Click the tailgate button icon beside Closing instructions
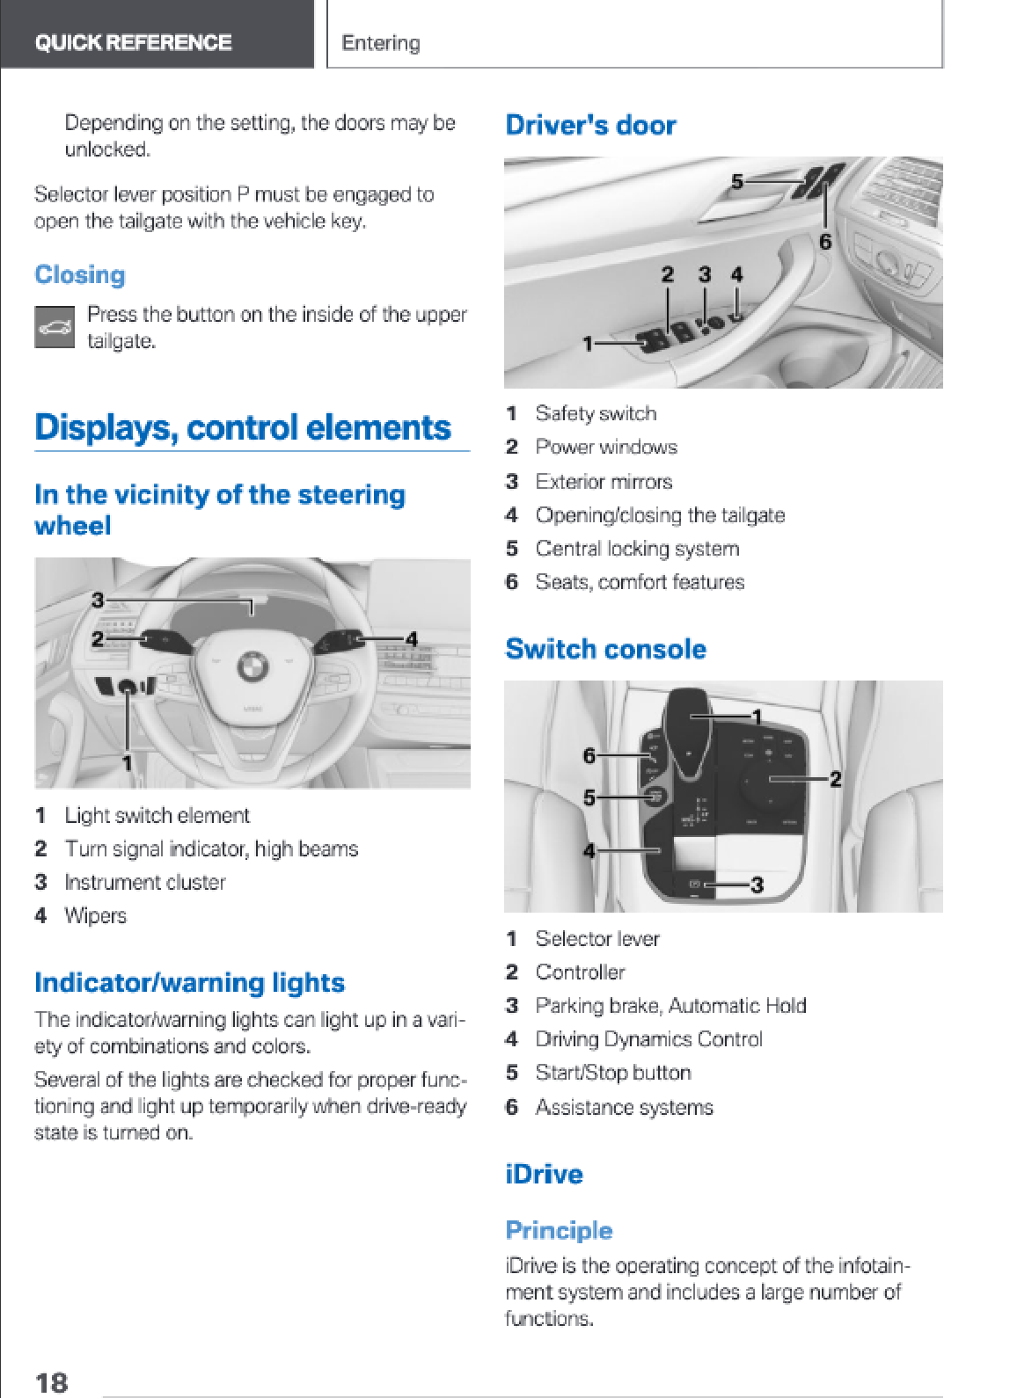pyautogui.click(x=55, y=326)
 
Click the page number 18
pyautogui.click(x=51, y=1382)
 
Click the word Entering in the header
pyautogui.click(x=380, y=43)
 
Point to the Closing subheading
pyautogui.click(x=80, y=274)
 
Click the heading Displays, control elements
pyautogui.click(x=243, y=427)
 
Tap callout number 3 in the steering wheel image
pyautogui.click(x=98, y=601)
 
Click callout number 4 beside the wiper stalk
pyautogui.click(x=411, y=639)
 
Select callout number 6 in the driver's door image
pyautogui.click(x=825, y=242)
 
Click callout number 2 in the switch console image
pyautogui.click(x=835, y=779)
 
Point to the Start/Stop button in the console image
pyautogui.click(x=655, y=797)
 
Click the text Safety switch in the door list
pyautogui.click(x=596, y=413)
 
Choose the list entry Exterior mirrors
pyautogui.click(x=604, y=481)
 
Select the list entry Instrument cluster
pyautogui.click(x=145, y=882)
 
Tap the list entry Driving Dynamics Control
pyautogui.click(x=649, y=1038)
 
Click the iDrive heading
pyautogui.click(x=544, y=1174)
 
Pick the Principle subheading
pyautogui.click(x=559, y=1230)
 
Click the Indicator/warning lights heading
pyautogui.click(x=189, y=982)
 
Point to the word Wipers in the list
pyautogui.click(x=96, y=915)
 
